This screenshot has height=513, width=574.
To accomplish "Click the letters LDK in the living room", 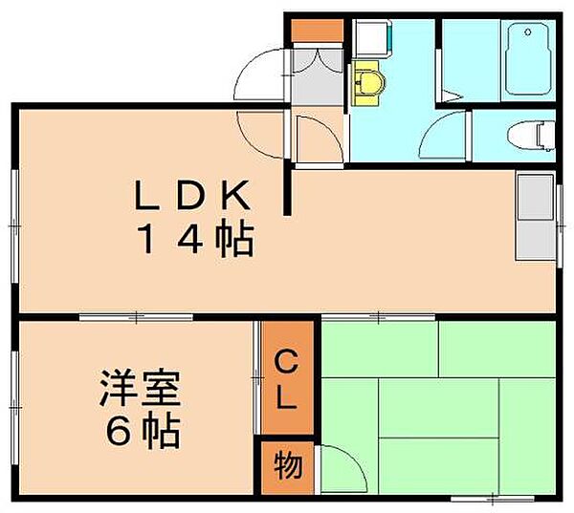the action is point(192,195).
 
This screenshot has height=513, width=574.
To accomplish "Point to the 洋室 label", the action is point(141,388).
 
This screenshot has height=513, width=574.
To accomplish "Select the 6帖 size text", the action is point(143,431).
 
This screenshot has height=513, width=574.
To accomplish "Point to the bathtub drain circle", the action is point(527,32).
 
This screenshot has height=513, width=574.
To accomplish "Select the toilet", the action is point(531,136).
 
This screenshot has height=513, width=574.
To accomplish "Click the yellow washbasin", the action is point(367,83).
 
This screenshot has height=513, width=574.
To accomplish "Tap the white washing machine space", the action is point(370,37).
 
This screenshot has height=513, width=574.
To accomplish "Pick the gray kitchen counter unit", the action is point(535,217).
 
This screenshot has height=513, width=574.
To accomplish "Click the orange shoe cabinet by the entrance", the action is point(317,31).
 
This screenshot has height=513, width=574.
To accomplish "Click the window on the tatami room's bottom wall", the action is point(493,498).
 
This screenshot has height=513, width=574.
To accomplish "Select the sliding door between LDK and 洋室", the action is point(136,316).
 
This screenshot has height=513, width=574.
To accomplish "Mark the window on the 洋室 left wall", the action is point(14,407).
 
